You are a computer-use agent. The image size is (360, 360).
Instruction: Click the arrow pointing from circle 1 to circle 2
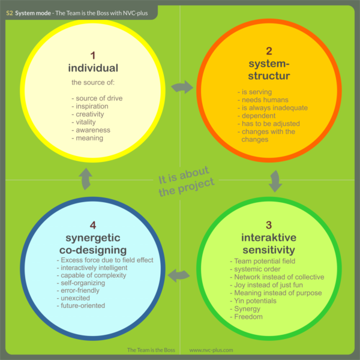pos(182,88)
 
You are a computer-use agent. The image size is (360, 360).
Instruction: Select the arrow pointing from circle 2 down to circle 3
pos(275,181)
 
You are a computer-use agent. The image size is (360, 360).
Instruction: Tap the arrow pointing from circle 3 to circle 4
pos(179,275)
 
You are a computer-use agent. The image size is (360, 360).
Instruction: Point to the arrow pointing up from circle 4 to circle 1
pos(86,179)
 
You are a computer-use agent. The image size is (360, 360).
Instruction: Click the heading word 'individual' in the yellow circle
pos(92,68)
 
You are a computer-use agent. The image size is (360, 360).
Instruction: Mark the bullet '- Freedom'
pos(248,316)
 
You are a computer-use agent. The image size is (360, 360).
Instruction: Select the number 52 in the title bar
pos(10,11)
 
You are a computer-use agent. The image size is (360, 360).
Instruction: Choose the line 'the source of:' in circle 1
pos(93,82)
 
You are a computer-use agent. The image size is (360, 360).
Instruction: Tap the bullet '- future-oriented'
pos(83,305)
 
